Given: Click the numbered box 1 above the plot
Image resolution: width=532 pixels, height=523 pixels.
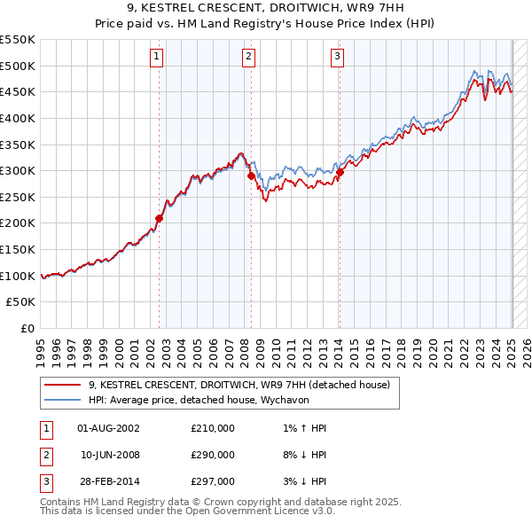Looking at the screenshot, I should coord(156,59).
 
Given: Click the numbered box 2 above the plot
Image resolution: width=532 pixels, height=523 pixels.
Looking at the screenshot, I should coord(247,59).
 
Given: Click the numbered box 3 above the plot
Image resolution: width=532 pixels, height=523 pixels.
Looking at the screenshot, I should coord(338,59).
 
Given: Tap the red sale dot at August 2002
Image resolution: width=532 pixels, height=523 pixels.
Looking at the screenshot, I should coord(160,218).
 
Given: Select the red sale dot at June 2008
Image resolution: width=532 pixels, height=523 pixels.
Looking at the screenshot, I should coord(251,176).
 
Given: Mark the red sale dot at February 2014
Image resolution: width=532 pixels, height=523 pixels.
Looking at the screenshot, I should coord(340,172).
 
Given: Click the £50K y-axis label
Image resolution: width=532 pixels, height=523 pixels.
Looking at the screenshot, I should coord(21,301).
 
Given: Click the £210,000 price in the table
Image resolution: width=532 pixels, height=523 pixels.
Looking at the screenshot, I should coord(213,428).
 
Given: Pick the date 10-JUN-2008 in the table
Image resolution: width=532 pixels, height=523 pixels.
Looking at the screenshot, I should coord(110,455).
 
